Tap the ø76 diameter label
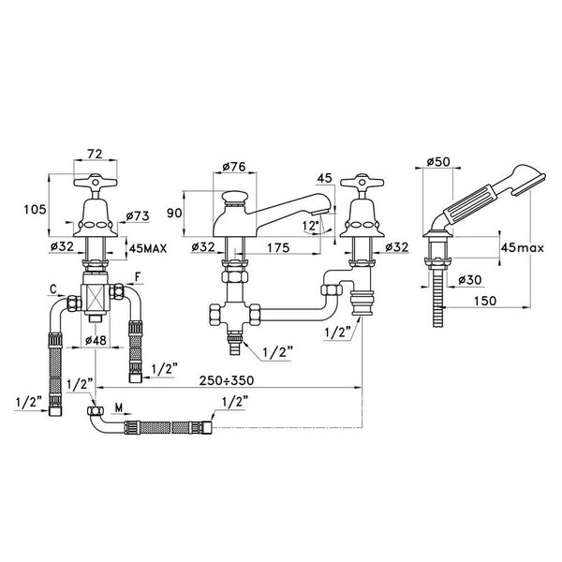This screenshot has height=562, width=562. click(234, 169)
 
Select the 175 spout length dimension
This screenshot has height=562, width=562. click(276, 247)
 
